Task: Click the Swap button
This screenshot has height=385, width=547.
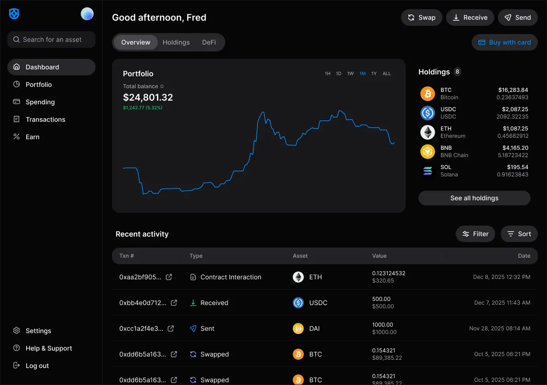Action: point(421,17)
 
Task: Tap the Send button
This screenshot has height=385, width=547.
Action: point(518,17)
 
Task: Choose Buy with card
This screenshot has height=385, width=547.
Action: point(504,42)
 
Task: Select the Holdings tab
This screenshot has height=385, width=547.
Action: point(176,42)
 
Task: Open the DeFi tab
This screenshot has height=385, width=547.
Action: point(209,42)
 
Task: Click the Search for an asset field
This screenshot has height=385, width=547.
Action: point(51,40)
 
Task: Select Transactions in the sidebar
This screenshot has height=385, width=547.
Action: point(45,119)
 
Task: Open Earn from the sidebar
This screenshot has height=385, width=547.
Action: point(32,137)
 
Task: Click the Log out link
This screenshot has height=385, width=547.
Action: point(37,366)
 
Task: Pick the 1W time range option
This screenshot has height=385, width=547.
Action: point(351,74)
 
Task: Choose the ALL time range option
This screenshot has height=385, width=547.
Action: point(387,74)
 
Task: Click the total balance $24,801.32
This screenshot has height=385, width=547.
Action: point(148,97)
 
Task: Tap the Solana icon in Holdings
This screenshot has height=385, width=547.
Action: point(428,171)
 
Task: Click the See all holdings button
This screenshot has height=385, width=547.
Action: point(474,198)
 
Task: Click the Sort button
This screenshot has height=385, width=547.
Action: point(519,234)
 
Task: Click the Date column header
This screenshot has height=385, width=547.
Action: point(524,256)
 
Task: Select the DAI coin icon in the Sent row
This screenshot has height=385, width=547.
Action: point(298,328)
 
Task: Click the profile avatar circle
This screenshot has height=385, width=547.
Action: point(87,14)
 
